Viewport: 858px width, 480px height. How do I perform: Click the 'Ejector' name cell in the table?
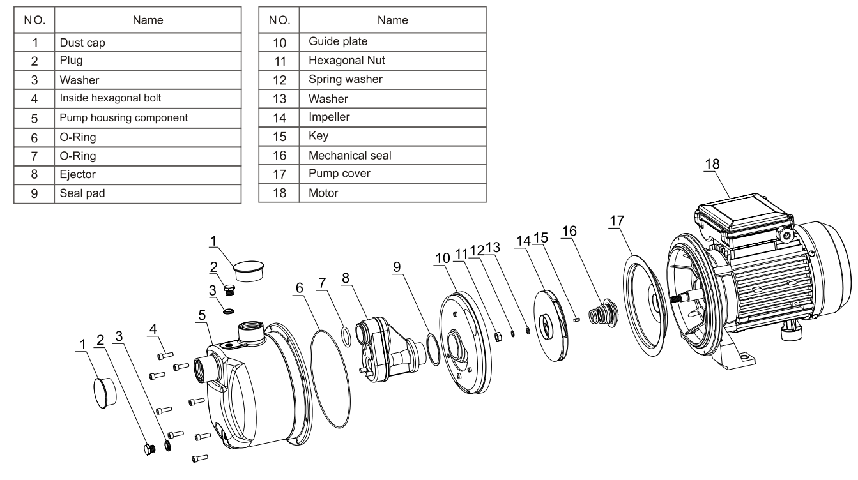(x=148, y=175)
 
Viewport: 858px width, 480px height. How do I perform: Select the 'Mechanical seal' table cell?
(x=392, y=155)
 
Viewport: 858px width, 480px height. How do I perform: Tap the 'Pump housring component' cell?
(x=148, y=118)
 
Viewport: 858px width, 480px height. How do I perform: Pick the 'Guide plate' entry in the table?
(x=392, y=41)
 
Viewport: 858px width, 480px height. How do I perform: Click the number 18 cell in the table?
(x=279, y=193)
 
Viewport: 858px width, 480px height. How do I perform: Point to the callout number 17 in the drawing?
(x=617, y=221)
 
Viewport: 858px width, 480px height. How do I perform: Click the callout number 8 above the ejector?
(x=346, y=278)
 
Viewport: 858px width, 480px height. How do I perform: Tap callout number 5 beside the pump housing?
(x=202, y=315)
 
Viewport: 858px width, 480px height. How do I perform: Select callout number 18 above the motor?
(x=712, y=164)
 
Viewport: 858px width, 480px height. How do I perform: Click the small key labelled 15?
(x=577, y=319)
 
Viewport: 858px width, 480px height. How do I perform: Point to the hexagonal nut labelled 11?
(x=498, y=337)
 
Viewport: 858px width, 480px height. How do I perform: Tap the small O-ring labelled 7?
(x=346, y=337)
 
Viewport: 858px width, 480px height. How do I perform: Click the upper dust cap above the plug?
(x=249, y=271)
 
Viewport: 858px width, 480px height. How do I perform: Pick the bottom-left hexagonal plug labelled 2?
(x=149, y=449)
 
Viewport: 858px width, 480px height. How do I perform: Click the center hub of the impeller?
(x=544, y=326)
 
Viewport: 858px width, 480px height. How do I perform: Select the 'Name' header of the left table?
(x=148, y=20)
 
